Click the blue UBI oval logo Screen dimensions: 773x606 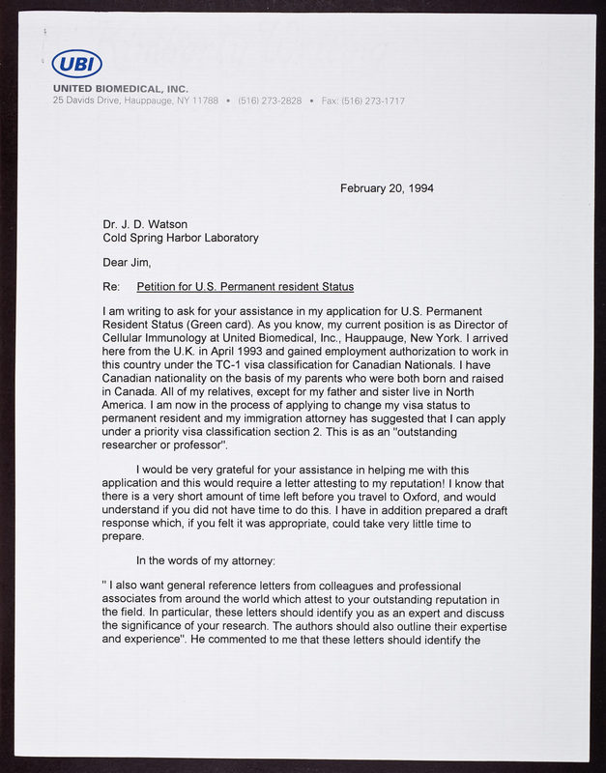[75, 65]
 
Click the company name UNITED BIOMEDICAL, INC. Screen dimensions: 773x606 [120, 89]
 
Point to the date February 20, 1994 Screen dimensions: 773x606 [387, 188]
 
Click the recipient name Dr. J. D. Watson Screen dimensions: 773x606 [145, 225]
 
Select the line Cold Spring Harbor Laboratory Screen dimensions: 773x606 [181, 238]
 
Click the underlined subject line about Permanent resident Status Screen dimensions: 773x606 [245, 287]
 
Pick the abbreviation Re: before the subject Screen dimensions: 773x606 [110, 287]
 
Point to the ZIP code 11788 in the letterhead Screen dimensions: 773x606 [206, 100]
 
